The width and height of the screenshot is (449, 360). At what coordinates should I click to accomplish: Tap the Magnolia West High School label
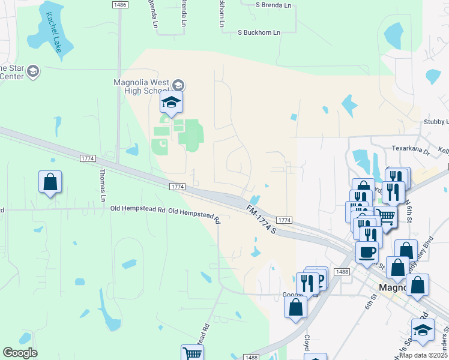(x=141, y=86)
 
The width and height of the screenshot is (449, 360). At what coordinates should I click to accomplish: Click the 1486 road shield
(x=119, y=5)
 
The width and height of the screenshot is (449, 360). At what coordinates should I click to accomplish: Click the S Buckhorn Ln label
(x=259, y=32)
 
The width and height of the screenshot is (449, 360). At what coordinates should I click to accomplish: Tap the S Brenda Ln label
(x=273, y=5)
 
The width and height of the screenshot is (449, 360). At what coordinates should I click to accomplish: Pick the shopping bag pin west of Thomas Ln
(x=50, y=181)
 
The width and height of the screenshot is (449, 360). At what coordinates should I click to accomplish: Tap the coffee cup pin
(x=367, y=251)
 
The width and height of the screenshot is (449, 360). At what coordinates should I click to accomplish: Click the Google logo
(x=20, y=353)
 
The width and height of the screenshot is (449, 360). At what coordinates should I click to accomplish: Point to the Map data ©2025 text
(x=423, y=355)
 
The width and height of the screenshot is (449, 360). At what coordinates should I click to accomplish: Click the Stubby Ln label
(x=436, y=121)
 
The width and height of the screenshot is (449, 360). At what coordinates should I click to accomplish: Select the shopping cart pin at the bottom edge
(x=192, y=353)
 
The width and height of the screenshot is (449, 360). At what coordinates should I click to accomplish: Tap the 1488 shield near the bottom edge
(x=252, y=357)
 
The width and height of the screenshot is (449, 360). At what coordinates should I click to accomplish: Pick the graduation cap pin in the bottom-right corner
(x=423, y=329)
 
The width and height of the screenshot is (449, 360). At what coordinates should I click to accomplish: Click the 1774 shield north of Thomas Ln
(x=88, y=158)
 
